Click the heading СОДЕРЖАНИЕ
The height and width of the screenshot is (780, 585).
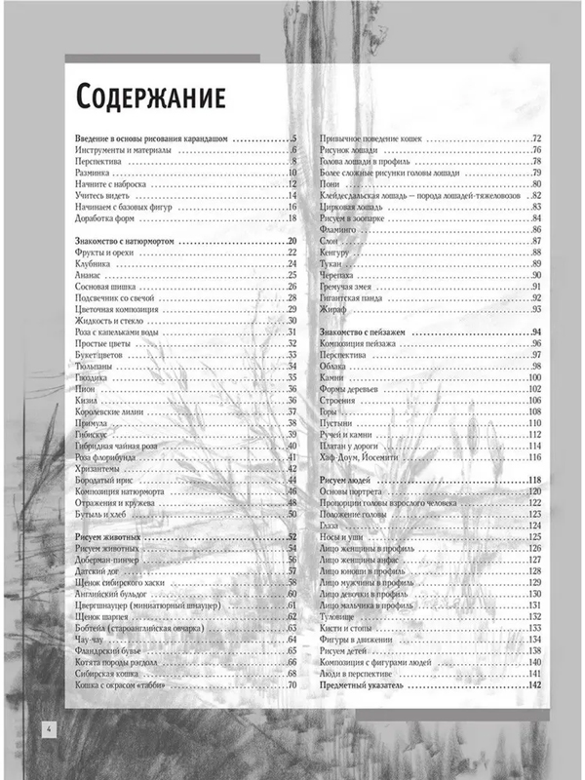point(150,97)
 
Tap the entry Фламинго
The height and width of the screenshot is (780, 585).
point(339,229)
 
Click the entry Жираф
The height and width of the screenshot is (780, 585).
point(333,309)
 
